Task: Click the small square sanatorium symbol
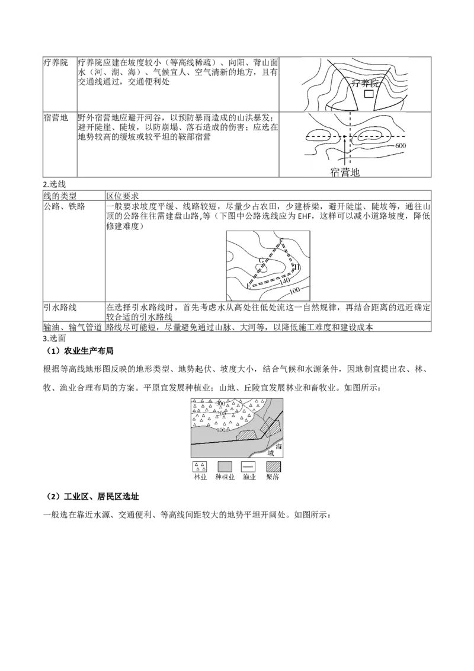pyautogui.click(x=369, y=94)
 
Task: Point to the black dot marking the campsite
pyautogui.click(x=344, y=138)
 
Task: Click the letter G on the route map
pyautogui.click(x=261, y=261)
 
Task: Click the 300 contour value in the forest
pyautogui.click(x=221, y=403)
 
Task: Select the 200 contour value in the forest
pyautogui.click(x=222, y=413)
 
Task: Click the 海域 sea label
pyautogui.click(x=272, y=446)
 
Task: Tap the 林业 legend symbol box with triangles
pyautogui.click(x=199, y=466)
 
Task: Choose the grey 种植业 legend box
pyautogui.click(x=225, y=466)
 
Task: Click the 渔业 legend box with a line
pyautogui.click(x=249, y=466)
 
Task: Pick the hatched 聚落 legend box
pyautogui.click(x=273, y=466)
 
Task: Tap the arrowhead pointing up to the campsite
pyautogui.click(x=344, y=145)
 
